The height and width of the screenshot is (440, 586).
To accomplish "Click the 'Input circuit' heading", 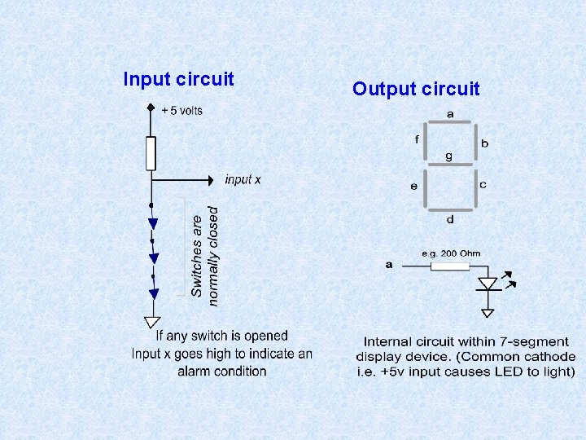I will (x=178, y=79).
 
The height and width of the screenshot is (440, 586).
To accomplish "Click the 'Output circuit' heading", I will (x=416, y=89).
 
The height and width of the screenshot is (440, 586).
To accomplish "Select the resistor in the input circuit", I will (x=151, y=153).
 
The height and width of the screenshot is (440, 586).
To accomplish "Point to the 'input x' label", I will (x=243, y=179).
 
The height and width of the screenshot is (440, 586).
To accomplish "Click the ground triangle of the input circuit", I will (x=151, y=323).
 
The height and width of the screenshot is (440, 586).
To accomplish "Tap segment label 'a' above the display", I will (x=450, y=112).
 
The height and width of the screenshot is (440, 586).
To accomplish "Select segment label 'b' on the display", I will (x=484, y=143).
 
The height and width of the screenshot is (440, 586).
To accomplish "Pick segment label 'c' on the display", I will (x=483, y=185).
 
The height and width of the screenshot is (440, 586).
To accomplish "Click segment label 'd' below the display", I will (x=450, y=219).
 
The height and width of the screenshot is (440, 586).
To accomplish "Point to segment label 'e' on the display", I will (x=414, y=187).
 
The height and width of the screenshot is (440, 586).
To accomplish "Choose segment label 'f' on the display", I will (x=417, y=140).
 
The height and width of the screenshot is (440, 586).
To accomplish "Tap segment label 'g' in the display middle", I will (x=448, y=155).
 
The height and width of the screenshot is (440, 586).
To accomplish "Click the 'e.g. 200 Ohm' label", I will (x=450, y=253).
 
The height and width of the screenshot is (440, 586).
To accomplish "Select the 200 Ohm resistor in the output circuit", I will (x=450, y=266).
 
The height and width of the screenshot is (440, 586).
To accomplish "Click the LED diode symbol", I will (x=488, y=284).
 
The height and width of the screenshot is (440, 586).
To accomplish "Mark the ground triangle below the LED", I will (x=488, y=311).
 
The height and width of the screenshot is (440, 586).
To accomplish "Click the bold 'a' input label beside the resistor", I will (x=389, y=264).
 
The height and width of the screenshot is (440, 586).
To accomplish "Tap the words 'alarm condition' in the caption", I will (x=221, y=371).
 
